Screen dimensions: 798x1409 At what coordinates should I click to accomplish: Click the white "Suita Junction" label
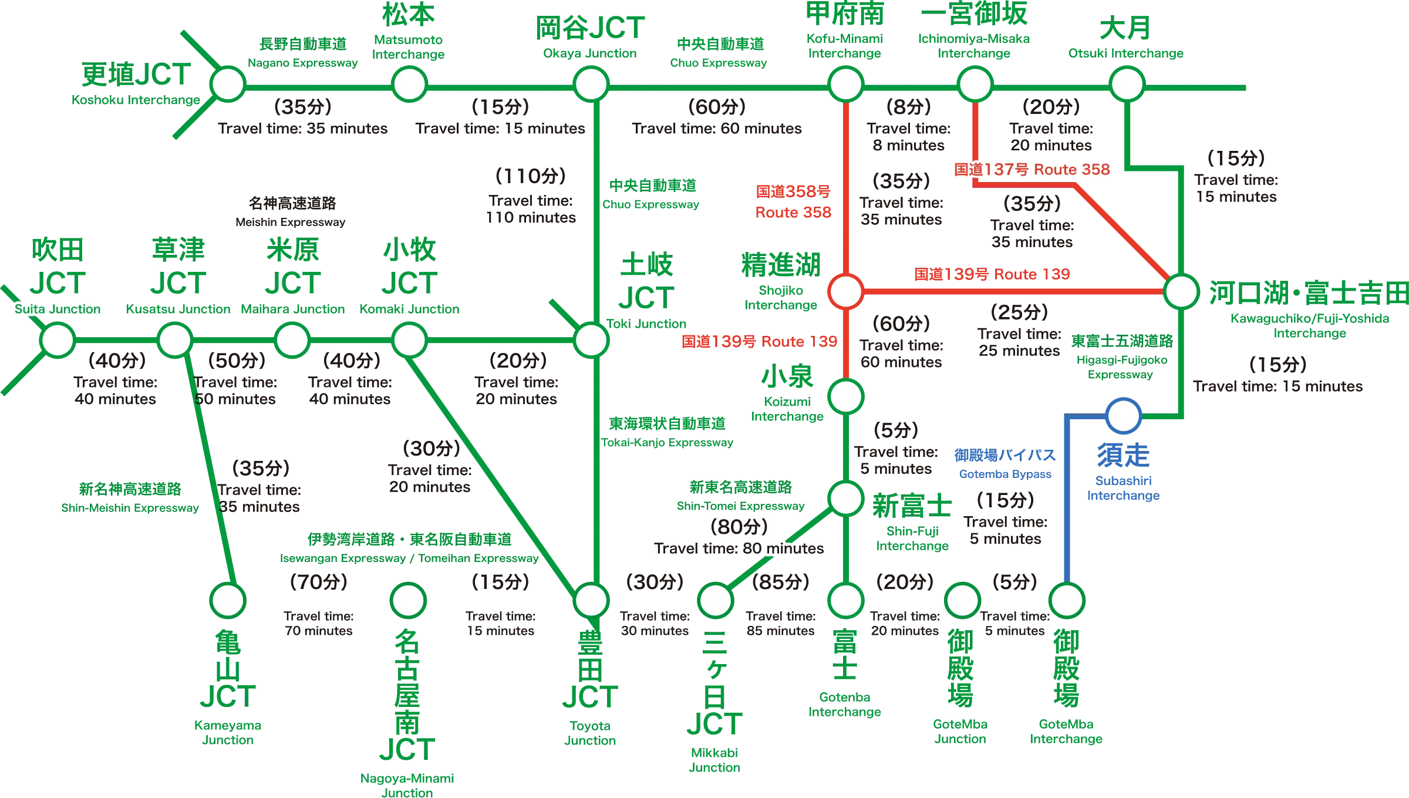click(58, 309)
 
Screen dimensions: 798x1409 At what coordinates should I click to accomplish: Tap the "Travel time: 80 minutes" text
click(739, 548)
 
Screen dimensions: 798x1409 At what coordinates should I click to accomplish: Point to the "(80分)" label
click(739, 526)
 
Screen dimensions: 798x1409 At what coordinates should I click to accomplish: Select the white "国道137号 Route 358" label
click(1032, 169)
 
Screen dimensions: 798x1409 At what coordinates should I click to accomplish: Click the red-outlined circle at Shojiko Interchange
click(845, 291)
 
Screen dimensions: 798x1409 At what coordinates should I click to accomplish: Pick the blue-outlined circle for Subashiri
click(1123, 416)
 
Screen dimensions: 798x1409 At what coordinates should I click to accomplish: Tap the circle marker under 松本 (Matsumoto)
click(409, 85)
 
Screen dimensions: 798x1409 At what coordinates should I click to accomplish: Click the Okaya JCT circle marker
click(591, 85)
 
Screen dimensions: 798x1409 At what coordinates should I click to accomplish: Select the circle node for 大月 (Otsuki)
click(1127, 85)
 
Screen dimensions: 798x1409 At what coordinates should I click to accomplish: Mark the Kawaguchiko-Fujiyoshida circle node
click(1181, 291)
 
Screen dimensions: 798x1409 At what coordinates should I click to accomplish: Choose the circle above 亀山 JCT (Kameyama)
click(228, 600)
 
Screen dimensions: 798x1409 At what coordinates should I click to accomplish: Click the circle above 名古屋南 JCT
click(408, 600)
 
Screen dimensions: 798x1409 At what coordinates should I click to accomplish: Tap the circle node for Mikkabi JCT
click(715, 600)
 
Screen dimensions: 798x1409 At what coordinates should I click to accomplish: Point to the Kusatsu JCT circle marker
click(175, 340)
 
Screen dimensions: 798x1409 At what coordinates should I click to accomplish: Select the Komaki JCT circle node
click(409, 340)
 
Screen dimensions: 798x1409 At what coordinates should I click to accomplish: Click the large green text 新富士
click(911, 505)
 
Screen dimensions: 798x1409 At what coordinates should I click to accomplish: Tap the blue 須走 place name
click(1123, 454)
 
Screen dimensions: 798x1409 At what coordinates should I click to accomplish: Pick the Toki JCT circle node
click(591, 340)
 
